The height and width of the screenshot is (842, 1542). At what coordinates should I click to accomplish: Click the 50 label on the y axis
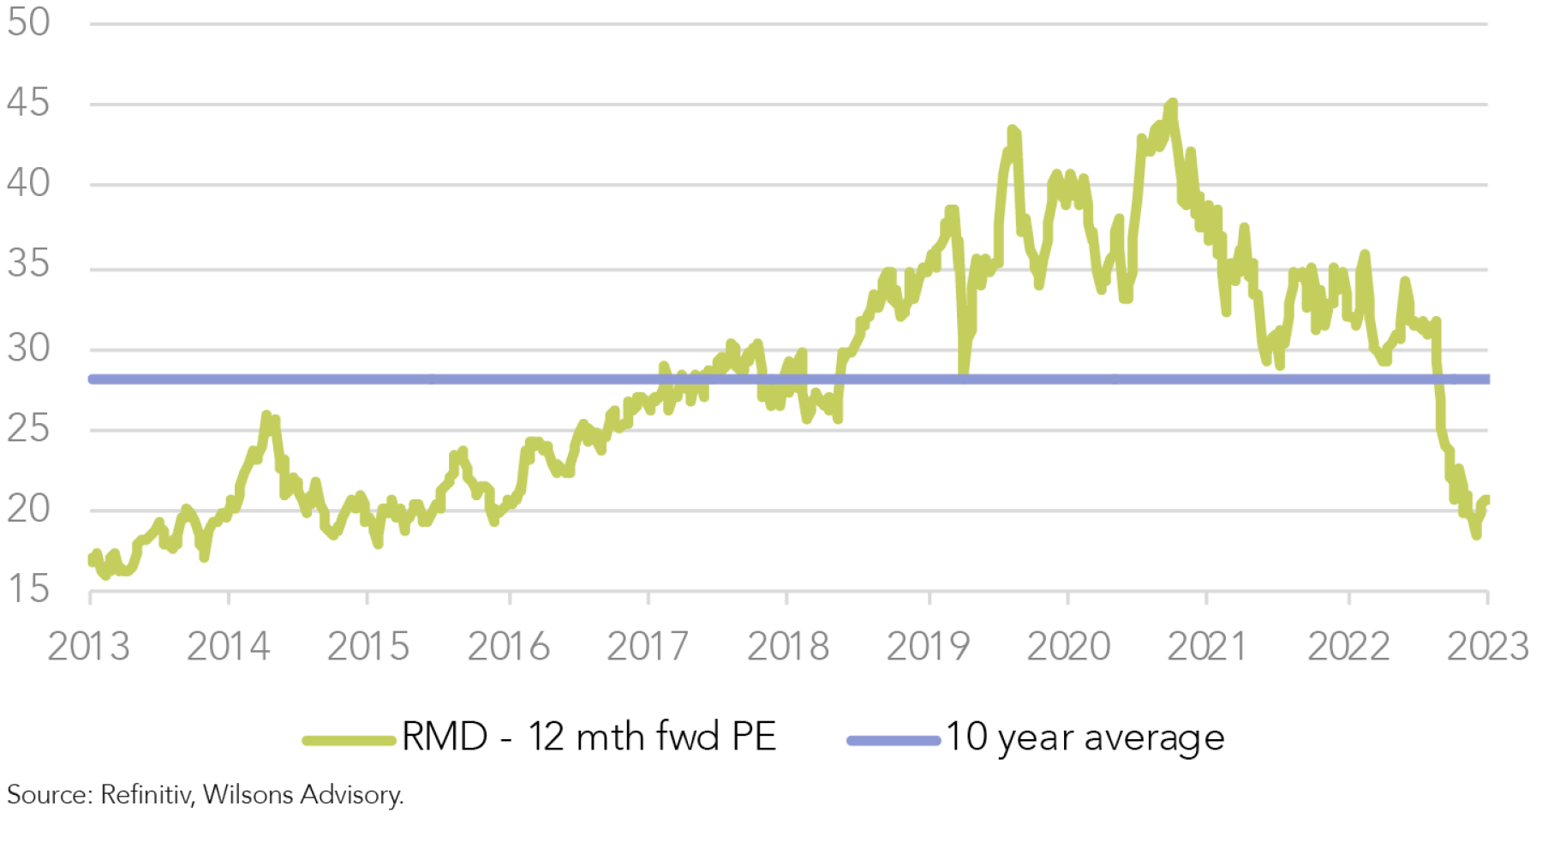(28, 22)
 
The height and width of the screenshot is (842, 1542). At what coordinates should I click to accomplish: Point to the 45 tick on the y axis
(28, 103)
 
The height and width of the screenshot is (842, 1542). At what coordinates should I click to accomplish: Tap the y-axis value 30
(28, 349)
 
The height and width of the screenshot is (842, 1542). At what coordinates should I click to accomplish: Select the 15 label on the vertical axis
(28, 589)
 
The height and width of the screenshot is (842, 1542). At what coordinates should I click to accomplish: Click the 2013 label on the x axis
(88, 647)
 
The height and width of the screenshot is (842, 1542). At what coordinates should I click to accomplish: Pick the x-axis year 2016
(508, 647)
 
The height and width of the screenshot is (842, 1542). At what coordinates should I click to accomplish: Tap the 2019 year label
(928, 647)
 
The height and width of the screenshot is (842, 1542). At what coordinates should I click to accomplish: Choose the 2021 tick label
(1206, 647)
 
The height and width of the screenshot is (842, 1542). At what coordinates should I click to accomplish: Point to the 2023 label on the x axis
(1487, 647)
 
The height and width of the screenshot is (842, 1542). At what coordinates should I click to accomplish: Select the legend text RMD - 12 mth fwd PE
(589, 737)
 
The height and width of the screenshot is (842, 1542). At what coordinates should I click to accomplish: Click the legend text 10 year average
(1085, 737)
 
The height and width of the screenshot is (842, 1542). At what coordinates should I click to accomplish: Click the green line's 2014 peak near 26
(266, 415)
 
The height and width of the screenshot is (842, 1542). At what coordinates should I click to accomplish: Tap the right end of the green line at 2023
(1486, 499)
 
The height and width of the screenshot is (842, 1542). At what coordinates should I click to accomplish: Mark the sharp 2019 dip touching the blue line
(964, 373)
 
